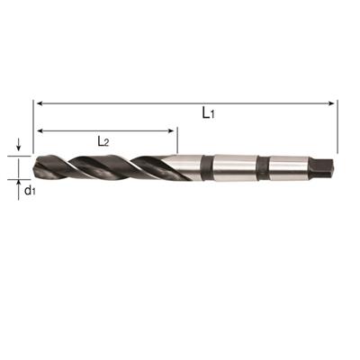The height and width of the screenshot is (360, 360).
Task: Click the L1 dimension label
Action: click(208, 113)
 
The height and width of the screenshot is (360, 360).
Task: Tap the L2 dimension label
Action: click(104, 140)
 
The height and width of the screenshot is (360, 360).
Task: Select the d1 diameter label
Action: click(29, 190)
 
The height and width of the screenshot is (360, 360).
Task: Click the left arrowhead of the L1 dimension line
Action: click(38, 103)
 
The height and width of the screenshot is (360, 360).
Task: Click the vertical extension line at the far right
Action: click(337, 126)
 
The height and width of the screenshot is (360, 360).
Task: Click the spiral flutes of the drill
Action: click(99, 166)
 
